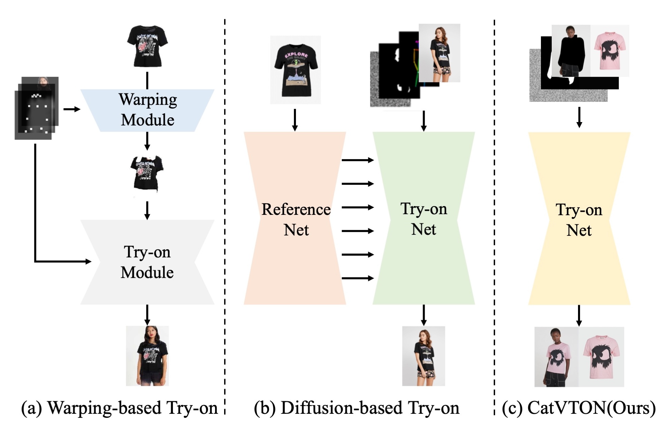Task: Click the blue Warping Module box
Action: (x=147, y=110)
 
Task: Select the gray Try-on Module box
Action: (x=147, y=262)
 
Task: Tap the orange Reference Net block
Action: (x=295, y=219)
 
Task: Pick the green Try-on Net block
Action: (x=424, y=219)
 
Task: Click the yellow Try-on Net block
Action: (x=579, y=219)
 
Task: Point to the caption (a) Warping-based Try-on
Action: (x=119, y=408)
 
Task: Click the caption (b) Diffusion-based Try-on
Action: (x=357, y=408)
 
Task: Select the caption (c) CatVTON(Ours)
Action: (x=579, y=408)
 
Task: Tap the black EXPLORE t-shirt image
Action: (x=295, y=70)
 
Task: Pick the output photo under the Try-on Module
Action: (x=147, y=356)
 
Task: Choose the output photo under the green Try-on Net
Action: (x=423, y=356)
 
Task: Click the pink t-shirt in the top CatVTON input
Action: (x=610, y=51)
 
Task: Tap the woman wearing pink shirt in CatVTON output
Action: (x=556, y=357)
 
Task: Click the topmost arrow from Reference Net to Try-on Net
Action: (x=358, y=160)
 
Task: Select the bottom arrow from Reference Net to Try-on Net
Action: (x=358, y=278)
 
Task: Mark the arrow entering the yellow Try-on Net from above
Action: (x=579, y=117)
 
